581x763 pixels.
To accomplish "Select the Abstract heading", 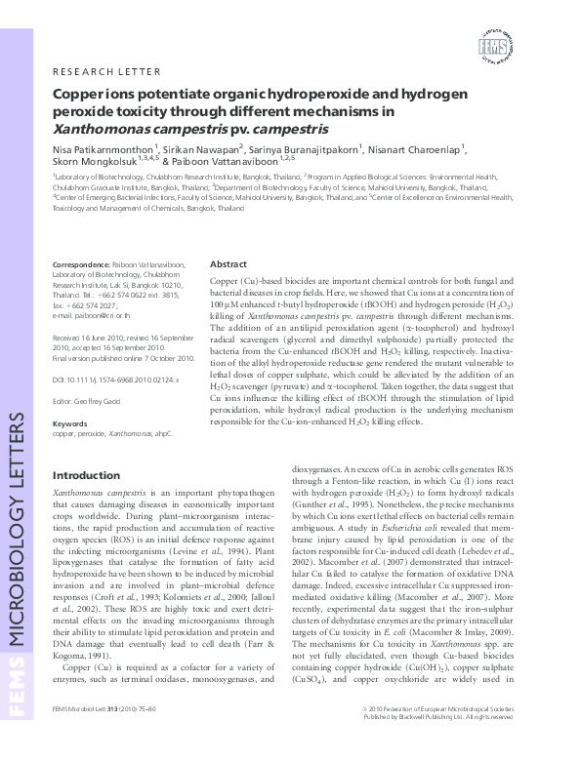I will click(228, 264).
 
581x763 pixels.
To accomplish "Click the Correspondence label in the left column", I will click(80, 265).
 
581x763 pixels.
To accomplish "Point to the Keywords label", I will click(68, 423).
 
